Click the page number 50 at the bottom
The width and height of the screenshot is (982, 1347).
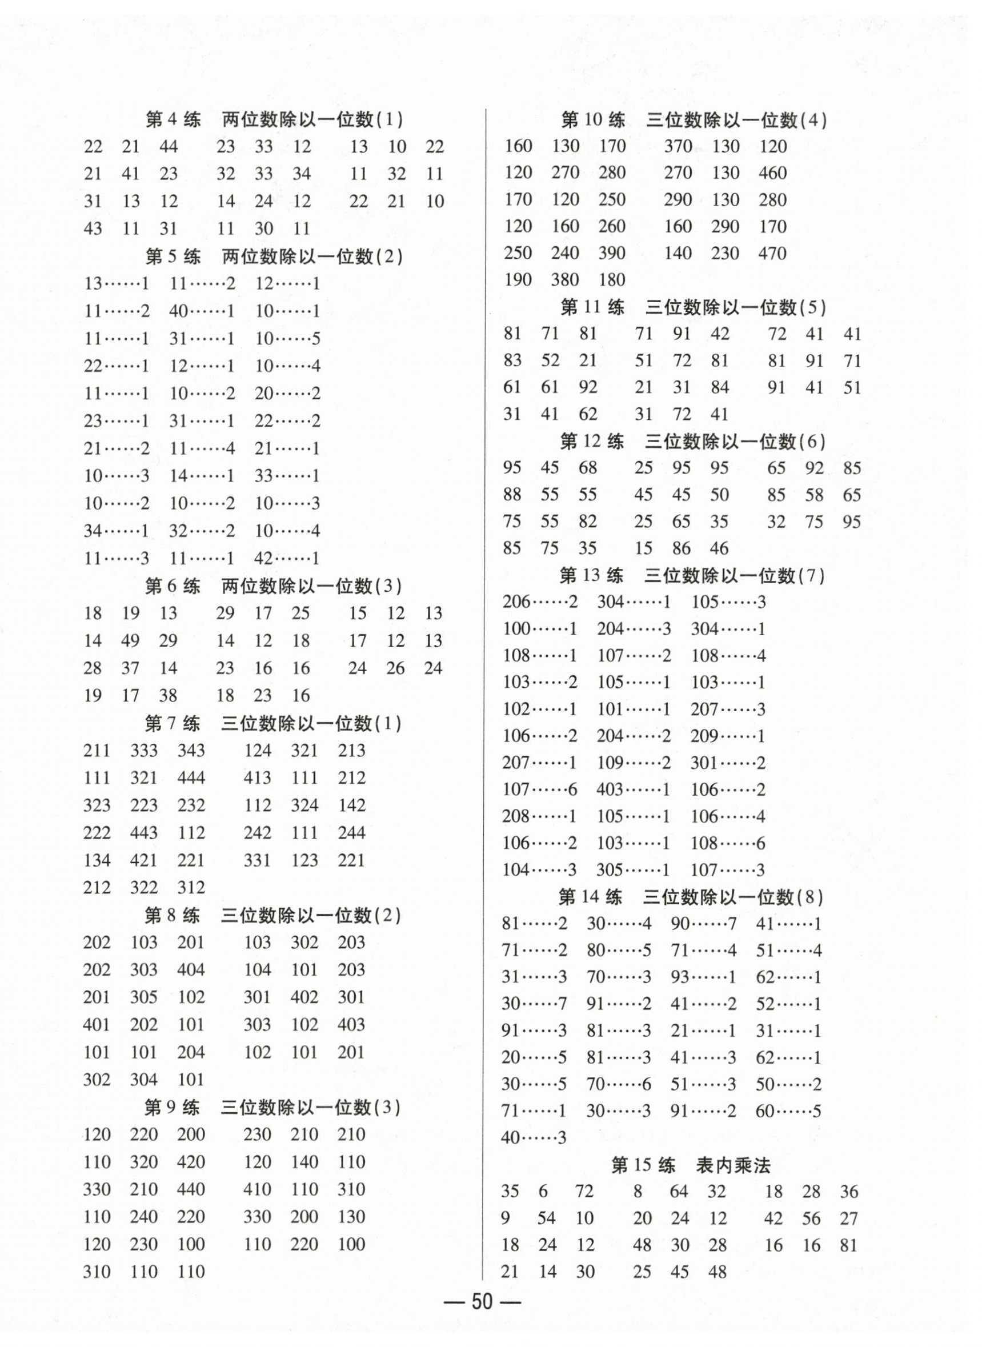482,1301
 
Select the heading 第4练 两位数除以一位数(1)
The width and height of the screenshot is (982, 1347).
274,119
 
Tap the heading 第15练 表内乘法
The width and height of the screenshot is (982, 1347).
690,1166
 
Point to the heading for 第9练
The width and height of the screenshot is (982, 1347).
273,1107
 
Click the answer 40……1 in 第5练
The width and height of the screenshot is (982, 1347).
202,311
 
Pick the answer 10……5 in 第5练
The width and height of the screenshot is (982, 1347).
288,339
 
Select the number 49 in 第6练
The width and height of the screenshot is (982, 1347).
130,641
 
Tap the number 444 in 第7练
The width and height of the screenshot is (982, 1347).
191,777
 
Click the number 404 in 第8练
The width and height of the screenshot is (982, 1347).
191,969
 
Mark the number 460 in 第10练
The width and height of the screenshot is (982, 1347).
772,173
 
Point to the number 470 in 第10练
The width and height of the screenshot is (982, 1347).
772,253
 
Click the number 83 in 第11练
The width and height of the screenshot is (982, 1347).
512,360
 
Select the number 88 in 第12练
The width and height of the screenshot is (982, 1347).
512,495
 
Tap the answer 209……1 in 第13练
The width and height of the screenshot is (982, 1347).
728,736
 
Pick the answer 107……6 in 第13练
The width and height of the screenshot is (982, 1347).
540,789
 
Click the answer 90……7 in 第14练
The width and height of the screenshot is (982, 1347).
703,924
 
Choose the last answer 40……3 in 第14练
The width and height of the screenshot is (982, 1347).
534,1138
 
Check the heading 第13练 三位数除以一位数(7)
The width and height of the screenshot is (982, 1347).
692,575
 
